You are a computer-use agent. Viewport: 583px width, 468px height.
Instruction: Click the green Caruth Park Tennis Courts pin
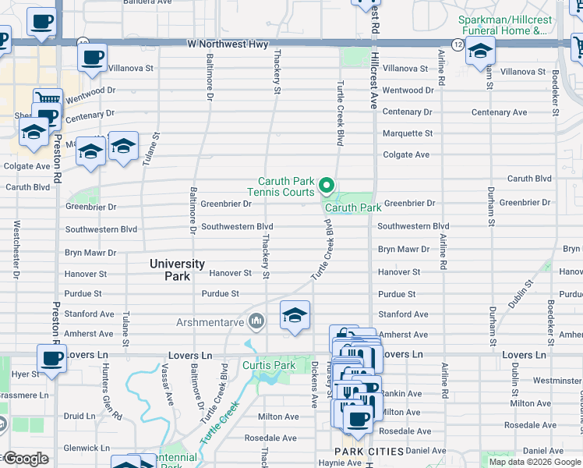point(327,186)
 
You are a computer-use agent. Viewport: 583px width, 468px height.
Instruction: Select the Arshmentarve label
point(210,321)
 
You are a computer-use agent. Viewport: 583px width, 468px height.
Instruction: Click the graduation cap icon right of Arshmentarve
point(295,316)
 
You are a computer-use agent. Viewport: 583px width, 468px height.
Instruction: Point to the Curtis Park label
point(269,365)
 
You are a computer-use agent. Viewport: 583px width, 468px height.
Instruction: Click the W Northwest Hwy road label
point(228,44)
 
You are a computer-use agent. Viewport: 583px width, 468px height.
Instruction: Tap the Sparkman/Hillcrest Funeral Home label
point(503,24)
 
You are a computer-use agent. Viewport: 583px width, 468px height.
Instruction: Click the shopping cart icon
point(48,100)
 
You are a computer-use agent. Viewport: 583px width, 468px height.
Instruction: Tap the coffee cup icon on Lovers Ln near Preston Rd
point(52,359)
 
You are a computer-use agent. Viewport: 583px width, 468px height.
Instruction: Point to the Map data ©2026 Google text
point(534,462)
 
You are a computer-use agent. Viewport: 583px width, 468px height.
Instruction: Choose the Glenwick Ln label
point(87,448)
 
